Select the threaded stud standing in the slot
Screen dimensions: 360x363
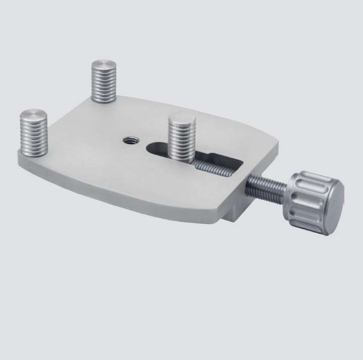182,139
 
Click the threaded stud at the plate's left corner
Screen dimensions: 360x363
33,134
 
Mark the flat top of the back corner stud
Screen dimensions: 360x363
104,65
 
